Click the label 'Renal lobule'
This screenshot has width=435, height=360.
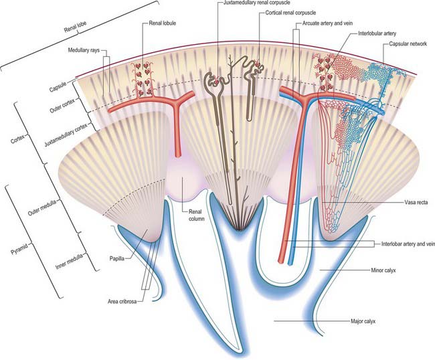point(163,23)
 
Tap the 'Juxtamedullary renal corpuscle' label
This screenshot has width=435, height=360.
point(256,3)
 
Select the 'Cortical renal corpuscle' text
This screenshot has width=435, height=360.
point(290,13)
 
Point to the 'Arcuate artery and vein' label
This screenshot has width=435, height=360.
point(327,23)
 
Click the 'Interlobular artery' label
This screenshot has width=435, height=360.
point(377,33)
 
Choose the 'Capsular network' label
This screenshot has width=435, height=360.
point(408,43)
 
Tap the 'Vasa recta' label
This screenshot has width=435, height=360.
point(416,203)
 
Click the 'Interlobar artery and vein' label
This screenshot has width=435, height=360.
point(408,244)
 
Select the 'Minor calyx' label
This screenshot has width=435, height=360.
point(383,270)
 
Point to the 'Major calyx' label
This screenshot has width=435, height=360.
point(363,321)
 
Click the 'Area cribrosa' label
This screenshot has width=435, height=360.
point(122,302)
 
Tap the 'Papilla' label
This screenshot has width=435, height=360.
point(117,258)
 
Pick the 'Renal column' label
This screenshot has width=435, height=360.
point(196,215)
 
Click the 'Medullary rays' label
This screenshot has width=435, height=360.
point(84,50)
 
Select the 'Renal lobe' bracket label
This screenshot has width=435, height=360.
point(76,27)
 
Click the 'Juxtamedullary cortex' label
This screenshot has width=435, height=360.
point(66,134)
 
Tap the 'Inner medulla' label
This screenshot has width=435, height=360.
point(69,262)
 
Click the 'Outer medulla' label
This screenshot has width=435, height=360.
point(42,207)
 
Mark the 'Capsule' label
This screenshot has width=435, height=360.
point(58,87)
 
